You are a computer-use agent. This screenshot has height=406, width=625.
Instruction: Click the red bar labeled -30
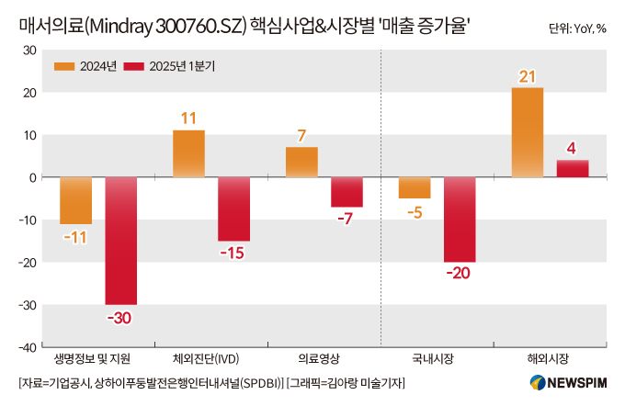120,240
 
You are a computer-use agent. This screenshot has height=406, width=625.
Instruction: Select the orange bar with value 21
528,132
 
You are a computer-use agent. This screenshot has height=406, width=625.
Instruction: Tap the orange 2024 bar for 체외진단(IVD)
188,153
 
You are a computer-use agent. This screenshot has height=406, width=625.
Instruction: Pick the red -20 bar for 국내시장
460,220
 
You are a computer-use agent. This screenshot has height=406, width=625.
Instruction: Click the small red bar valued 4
573,169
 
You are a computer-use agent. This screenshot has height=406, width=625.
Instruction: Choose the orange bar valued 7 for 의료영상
301,163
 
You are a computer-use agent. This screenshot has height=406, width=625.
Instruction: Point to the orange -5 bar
415,187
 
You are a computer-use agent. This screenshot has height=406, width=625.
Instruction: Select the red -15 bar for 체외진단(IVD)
233,209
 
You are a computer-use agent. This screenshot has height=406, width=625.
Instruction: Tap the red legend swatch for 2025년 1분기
136,66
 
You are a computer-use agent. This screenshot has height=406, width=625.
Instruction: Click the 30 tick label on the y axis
28,51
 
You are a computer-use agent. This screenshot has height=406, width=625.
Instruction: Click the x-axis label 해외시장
549,358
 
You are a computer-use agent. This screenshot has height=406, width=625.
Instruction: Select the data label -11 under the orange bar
75,237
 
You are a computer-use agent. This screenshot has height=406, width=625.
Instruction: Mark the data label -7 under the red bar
347,220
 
